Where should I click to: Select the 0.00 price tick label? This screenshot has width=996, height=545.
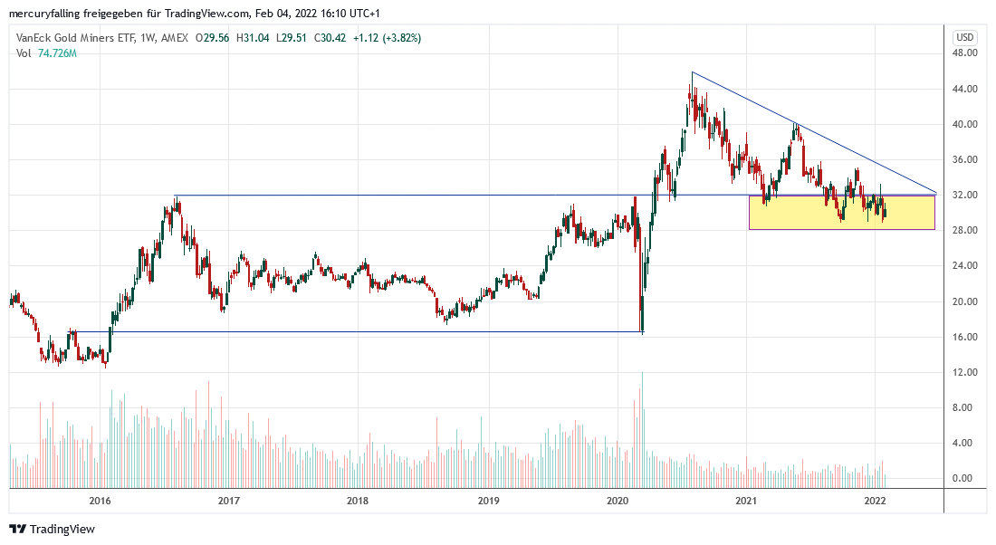tap(965, 479)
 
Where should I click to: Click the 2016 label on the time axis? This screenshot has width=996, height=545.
tap(100, 500)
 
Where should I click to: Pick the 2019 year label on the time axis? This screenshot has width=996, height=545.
tap(488, 500)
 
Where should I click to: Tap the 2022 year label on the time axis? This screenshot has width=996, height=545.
tap(876, 500)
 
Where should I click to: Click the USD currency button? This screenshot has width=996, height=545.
tap(964, 37)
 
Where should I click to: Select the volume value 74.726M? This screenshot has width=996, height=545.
tap(57, 53)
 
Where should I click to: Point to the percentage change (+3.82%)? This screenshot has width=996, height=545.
tap(400, 38)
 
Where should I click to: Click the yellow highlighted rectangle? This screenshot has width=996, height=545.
tap(841, 213)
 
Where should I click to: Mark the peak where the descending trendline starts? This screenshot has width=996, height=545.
tap(692, 73)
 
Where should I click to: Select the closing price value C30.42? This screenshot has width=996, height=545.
tap(336, 38)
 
